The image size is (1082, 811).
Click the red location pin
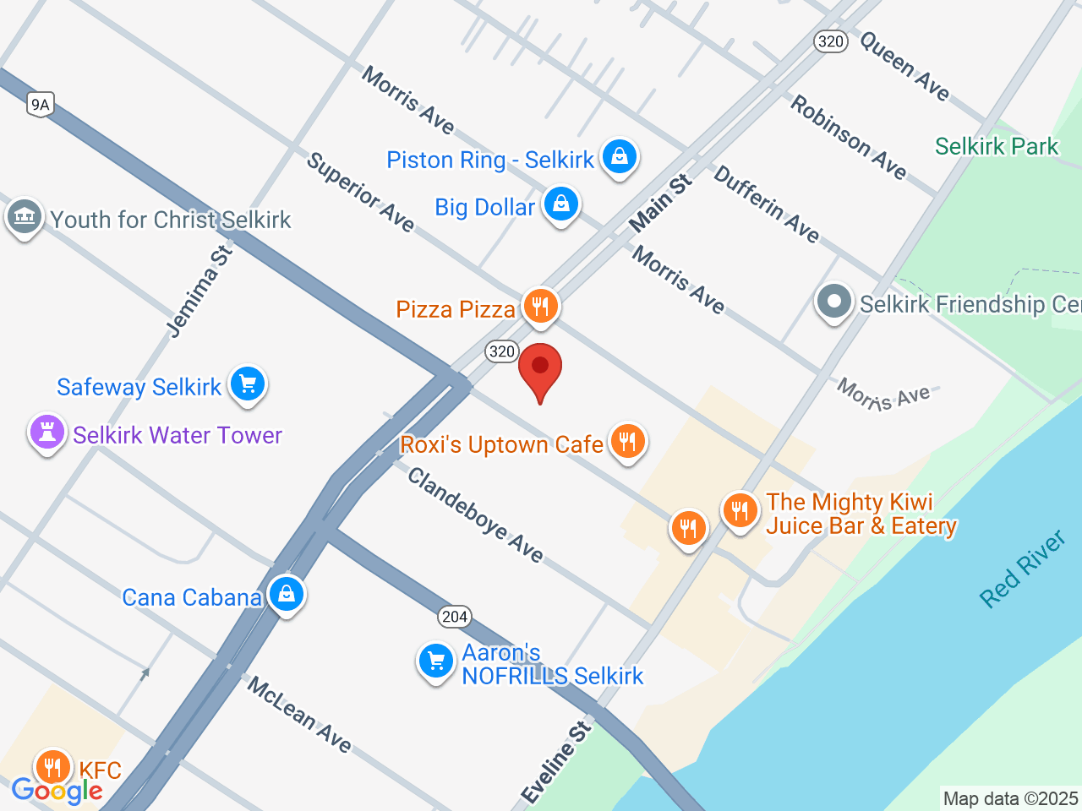[540, 370]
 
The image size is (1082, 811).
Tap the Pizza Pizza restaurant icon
[540, 306]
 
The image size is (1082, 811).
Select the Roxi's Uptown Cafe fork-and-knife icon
[627, 441]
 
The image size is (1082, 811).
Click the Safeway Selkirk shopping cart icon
[248, 384]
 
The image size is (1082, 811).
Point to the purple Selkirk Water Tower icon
[47, 433]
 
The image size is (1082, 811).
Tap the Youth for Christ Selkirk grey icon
[24, 217]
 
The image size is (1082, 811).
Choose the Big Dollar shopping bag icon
[560, 204]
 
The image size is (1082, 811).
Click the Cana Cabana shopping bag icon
[287, 594]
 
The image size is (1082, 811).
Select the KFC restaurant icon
[53, 767]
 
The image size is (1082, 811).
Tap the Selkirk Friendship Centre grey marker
[834, 302]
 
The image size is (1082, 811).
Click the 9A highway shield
[40, 104]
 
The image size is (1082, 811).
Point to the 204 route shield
[454, 617]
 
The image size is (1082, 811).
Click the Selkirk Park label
[997, 146]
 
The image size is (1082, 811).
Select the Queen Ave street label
[904, 65]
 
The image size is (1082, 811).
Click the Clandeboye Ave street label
[475, 515]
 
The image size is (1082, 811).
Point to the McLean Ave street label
[299, 715]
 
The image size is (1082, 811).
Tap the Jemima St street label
[199, 291]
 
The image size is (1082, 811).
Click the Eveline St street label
[555, 763]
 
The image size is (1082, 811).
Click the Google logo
[57, 791]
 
